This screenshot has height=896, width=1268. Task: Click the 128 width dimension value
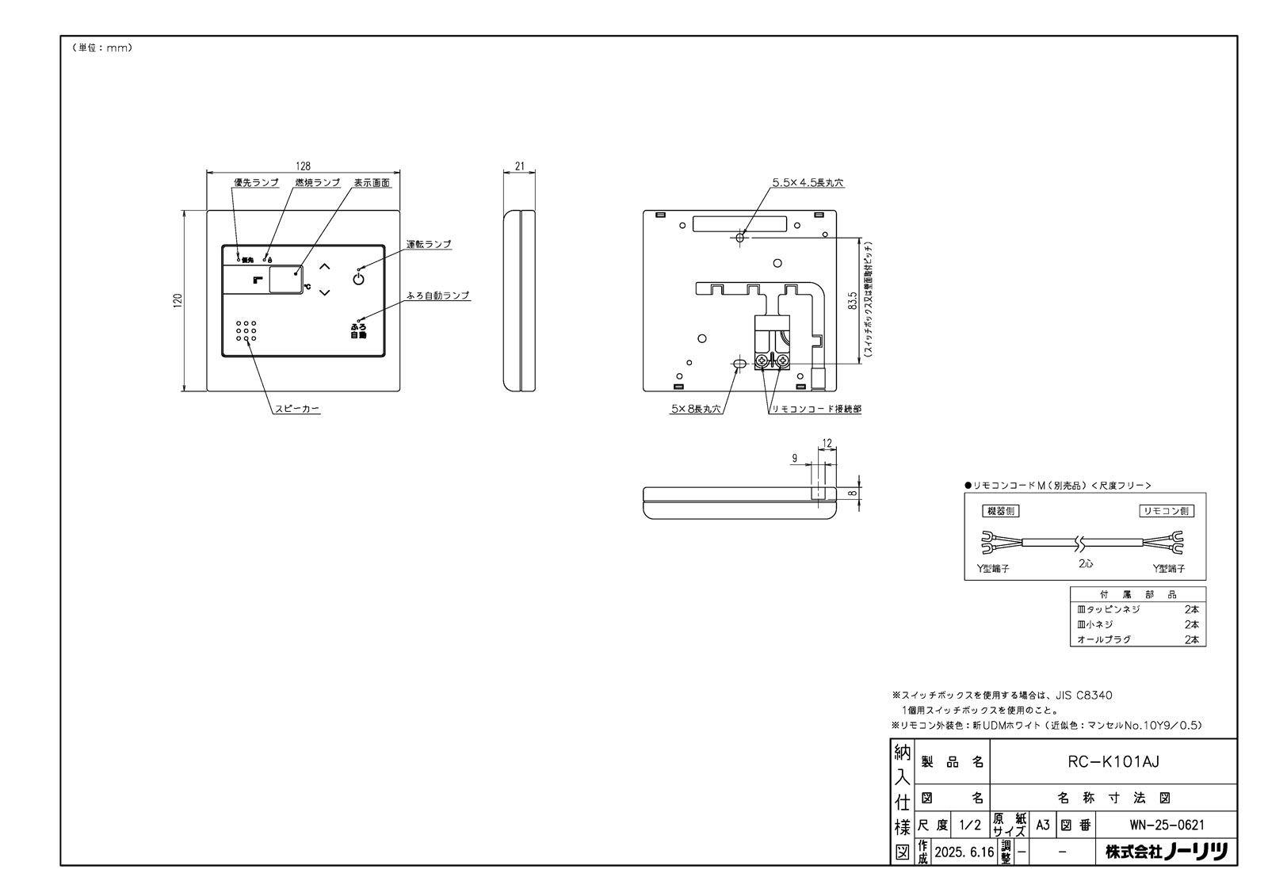[303, 166]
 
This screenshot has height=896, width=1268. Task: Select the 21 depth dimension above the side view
[520, 166]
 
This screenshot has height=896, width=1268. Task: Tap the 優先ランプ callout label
[255, 182]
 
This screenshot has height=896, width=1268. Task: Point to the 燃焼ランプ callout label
[317, 182]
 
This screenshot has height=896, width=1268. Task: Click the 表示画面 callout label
[372, 182]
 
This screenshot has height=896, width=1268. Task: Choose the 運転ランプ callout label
[429, 244]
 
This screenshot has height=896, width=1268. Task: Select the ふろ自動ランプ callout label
[437, 295]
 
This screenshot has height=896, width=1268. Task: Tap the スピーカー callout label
[297, 410]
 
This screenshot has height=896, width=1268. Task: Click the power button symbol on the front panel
[358, 278]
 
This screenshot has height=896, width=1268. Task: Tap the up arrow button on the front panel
[323, 265]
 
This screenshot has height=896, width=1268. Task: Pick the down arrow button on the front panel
[323, 293]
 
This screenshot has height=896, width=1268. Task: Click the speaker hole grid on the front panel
[246, 331]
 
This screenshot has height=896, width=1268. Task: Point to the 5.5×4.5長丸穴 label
[808, 183]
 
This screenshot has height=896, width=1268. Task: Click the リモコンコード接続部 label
[816, 410]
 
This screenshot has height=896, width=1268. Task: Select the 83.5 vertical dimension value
[853, 301]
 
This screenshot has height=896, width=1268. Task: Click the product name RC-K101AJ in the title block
[1113, 762]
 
